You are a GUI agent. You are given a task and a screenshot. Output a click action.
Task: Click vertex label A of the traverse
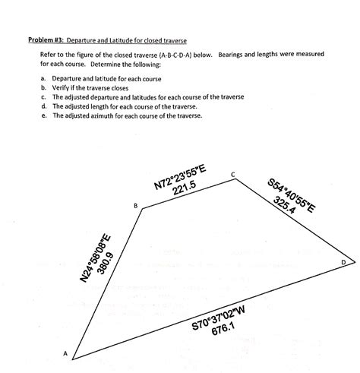click(65, 354)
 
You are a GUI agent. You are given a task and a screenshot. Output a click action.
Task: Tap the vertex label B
click(135, 206)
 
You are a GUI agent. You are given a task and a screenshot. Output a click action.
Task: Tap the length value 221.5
click(185, 187)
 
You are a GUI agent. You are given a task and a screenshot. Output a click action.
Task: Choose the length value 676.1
click(223, 330)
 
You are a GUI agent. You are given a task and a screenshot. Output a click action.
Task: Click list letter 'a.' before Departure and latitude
click(45, 78)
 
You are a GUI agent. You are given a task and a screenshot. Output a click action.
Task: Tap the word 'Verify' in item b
click(62, 87)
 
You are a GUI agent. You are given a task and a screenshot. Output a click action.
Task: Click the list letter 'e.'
click(45, 116)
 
